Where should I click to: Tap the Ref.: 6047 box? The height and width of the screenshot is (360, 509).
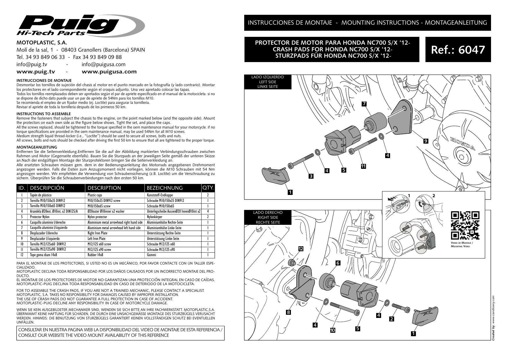(x=458, y=49)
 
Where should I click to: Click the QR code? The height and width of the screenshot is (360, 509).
(x=465, y=226)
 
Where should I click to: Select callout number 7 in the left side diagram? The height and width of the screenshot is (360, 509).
(x=364, y=104)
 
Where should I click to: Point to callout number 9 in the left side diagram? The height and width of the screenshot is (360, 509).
(x=425, y=141)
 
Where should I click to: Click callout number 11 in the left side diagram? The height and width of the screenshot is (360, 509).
(x=363, y=166)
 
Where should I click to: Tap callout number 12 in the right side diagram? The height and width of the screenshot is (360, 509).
(x=301, y=249)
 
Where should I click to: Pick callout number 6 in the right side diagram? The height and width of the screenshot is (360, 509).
(x=338, y=263)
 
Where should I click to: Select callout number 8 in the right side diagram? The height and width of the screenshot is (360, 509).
(x=288, y=312)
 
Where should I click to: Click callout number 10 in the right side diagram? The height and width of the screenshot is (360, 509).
(x=332, y=330)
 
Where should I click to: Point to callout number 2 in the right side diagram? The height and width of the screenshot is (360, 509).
(x=392, y=319)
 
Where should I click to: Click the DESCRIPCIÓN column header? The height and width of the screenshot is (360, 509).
(x=47, y=188)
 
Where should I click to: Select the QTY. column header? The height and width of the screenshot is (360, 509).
(x=208, y=188)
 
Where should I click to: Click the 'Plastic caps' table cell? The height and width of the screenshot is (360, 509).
(x=95, y=195)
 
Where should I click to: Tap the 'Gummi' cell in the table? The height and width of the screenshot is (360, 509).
(x=151, y=255)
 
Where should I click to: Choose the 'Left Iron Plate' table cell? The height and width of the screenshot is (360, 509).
(x=97, y=239)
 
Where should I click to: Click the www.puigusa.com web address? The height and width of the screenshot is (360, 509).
(x=109, y=72)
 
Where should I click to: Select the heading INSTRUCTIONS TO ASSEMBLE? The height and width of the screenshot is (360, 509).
(x=44, y=114)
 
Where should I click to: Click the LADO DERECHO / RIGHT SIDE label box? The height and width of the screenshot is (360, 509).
(x=267, y=217)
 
